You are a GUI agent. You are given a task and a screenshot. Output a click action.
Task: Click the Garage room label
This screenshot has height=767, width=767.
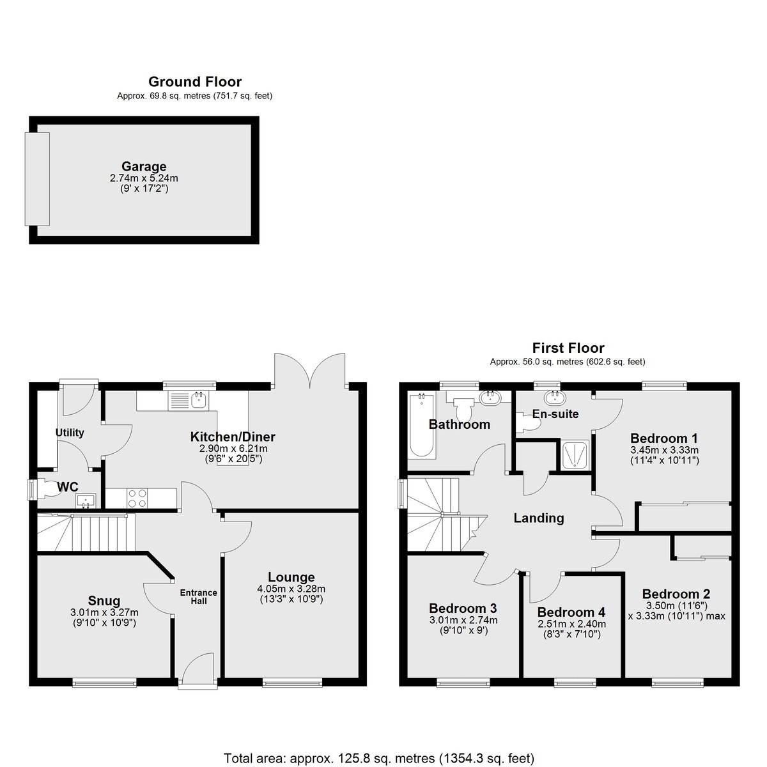click(x=144, y=166)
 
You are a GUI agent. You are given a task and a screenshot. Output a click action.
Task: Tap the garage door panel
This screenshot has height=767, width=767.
click(x=38, y=179)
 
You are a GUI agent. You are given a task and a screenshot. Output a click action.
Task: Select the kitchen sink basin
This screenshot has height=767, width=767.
click(x=198, y=399)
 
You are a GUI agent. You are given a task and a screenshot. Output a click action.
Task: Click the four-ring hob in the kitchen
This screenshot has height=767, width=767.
click(x=137, y=499)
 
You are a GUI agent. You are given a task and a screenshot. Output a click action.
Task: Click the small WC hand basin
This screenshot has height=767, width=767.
click(x=86, y=500)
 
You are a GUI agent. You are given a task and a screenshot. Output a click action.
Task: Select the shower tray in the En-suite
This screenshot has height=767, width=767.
click(x=575, y=454)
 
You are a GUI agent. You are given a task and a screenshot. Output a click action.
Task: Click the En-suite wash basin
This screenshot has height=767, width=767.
click(x=555, y=397)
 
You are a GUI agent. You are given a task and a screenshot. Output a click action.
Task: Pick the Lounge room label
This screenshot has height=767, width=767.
click(x=291, y=577)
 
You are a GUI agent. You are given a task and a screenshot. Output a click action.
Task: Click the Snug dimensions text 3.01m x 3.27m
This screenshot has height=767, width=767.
click(x=104, y=612)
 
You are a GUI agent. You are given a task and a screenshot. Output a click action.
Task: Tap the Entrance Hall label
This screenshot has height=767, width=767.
click(x=199, y=596)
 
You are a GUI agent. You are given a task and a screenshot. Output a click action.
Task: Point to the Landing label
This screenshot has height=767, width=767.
click(x=539, y=518)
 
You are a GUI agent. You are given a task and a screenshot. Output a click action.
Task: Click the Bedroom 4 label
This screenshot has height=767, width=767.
click(x=571, y=612)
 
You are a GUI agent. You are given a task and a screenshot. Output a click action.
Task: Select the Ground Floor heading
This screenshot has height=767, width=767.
click(x=195, y=82)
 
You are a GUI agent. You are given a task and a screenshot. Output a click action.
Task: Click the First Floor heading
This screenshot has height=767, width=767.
click(x=568, y=348)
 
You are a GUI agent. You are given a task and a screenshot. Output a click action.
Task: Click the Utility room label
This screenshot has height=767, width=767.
click(x=70, y=433)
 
